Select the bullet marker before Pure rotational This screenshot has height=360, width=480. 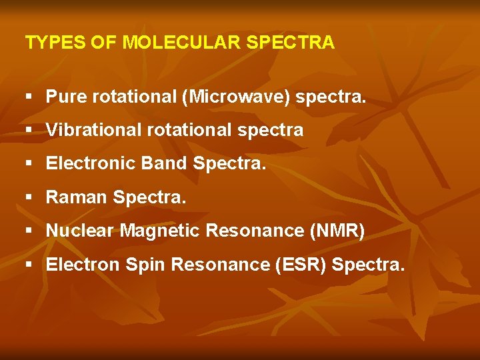tap(29, 97)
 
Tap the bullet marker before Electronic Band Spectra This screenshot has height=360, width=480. tap(29, 164)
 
